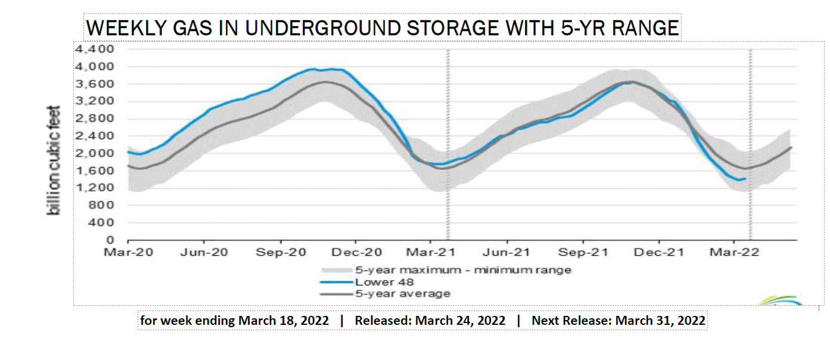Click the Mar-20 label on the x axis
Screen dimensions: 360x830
(128, 252)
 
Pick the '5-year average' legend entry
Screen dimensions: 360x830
(403, 293)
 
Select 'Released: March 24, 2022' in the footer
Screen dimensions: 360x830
(430, 321)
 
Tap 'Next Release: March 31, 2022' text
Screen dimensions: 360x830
(618, 321)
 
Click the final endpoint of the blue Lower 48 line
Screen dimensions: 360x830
(745, 178)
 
